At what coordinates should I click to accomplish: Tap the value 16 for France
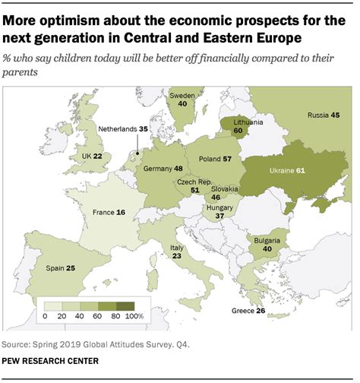tap(121, 213)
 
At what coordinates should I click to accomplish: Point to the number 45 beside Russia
tap(334, 116)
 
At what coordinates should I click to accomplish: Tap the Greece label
tap(243, 312)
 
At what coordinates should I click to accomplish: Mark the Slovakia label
tap(226, 188)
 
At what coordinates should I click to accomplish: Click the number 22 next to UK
tap(98, 156)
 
